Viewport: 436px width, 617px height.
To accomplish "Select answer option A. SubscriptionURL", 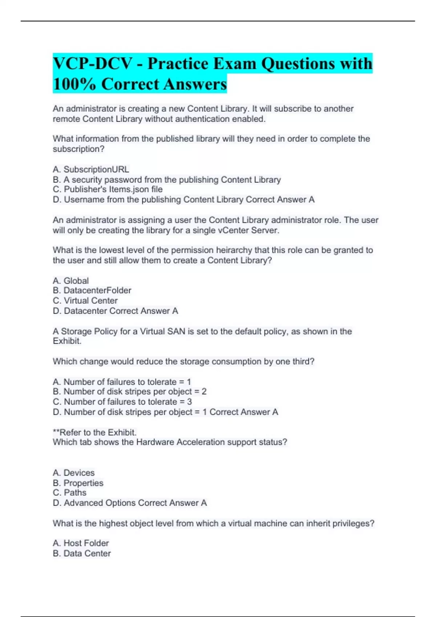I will point(91,169).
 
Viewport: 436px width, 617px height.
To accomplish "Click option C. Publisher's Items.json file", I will point(108,189).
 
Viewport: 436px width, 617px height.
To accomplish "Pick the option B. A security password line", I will point(167,180).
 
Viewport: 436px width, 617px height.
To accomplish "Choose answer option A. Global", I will point(71,281).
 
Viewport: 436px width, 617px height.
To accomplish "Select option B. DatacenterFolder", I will point(92,291).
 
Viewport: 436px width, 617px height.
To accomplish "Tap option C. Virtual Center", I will point(85,301).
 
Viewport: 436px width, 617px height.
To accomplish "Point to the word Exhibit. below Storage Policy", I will point(67,341).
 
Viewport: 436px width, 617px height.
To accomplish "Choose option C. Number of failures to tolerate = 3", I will point(122,402).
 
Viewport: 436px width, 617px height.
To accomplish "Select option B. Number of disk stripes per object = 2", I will point(130,392).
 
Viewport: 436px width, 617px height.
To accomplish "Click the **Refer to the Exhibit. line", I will point(94,433).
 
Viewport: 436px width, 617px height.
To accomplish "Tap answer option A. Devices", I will point(74,473).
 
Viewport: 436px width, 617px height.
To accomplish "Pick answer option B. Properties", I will point(78,483).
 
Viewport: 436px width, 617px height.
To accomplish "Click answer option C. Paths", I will point(70,493).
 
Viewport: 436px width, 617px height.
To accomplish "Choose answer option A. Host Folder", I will point(81,543).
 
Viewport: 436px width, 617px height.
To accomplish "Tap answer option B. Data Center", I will point(82,553).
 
